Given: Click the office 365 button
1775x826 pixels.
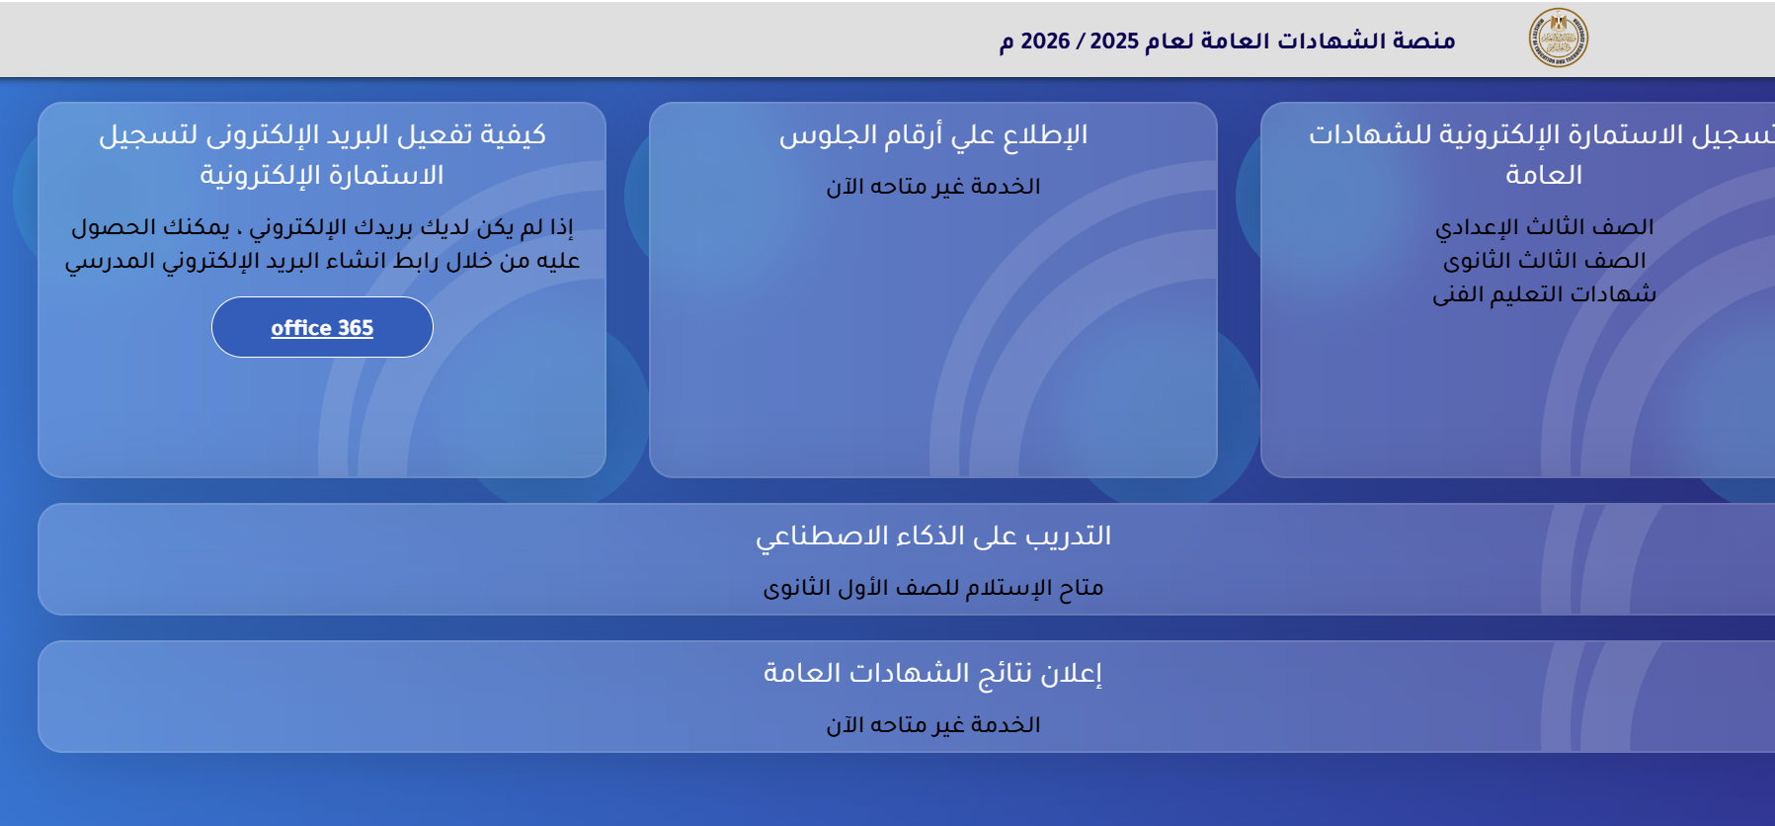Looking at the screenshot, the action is (x=322, y=327).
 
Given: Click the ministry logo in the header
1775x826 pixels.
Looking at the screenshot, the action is (x=1558, y=39).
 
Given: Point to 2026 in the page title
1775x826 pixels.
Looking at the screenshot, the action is (x=1045, y=41).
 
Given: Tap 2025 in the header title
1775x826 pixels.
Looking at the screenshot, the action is (x=1114, y=41).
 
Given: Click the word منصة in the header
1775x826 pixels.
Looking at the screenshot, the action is (x=1424, y=41).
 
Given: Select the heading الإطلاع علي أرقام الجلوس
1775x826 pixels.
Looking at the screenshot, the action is (x=933, y=135).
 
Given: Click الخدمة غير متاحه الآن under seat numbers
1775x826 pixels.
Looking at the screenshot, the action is (x=933, y=187).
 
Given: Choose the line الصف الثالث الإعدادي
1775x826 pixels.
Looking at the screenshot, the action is (x=1544, y=227).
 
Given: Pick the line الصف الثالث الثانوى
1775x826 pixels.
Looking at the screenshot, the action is (x=1544, y=261).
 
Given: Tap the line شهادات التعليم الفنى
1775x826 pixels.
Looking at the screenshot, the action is (x=1544, y=294).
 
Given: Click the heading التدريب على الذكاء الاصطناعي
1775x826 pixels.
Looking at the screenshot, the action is (x=933, y=537).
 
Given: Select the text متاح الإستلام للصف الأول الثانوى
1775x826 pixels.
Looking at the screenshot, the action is (x=933, y=588).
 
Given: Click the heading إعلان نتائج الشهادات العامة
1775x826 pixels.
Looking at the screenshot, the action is (x=933, y=674).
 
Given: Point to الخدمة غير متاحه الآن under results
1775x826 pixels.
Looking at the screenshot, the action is (x=933, y=725).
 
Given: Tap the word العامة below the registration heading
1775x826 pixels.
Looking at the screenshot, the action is (x=1544, y=175).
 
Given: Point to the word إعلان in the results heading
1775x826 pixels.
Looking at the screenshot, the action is (x=1071, y=674).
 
